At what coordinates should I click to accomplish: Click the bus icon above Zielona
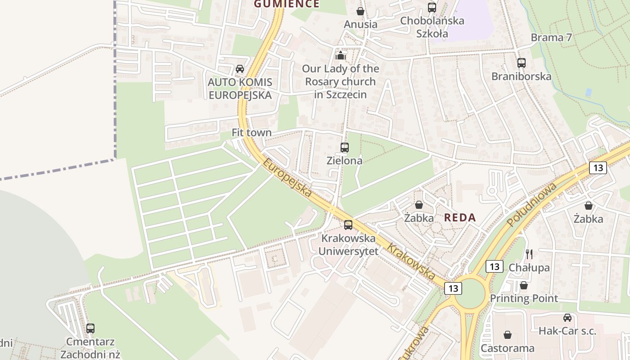click(345, 147)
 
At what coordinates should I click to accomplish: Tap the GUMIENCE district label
click(287, 4)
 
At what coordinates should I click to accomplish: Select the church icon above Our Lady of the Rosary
click(341, 56)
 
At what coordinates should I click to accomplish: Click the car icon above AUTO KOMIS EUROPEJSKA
click(240, 69)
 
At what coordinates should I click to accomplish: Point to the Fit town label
click(252, 133)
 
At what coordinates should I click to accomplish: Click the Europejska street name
click(288, 177)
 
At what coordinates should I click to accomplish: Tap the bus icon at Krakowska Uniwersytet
click(348, 225)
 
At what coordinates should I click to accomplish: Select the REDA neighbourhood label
click(459, 218)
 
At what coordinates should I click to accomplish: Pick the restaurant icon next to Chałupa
click(529, 254)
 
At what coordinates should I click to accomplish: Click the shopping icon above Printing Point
click(523, 285)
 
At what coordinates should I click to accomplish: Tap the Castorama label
click(507, 348)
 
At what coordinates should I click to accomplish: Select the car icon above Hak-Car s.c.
click(567, 318)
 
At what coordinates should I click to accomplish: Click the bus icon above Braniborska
click(521, 63)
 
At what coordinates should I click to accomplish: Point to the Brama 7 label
click(551, 37)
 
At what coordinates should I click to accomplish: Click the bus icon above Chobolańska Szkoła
click(432, 8)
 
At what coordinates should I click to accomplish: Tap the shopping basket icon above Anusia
click(360, 11)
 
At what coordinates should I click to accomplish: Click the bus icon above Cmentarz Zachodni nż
click(90, 328)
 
